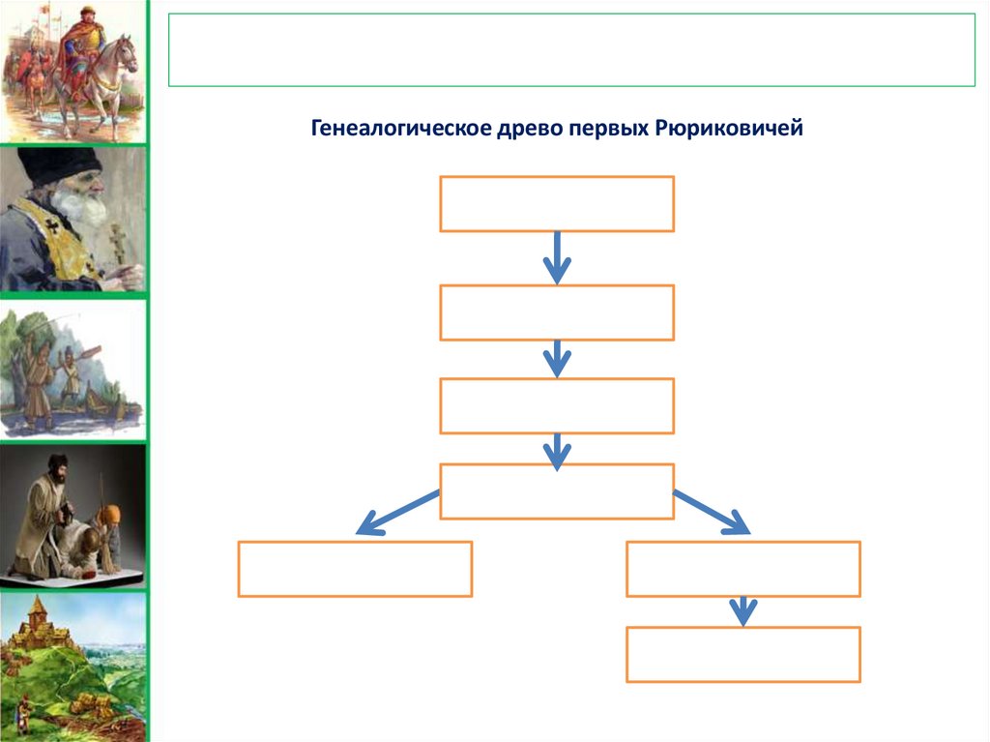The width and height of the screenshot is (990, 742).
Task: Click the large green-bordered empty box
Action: (x=571, y=50)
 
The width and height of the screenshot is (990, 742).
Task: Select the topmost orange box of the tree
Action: (x=556, y=203)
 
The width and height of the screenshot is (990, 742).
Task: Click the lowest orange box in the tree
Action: (x=742, y=655)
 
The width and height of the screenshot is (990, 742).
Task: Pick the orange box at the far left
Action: (x=355, y=569)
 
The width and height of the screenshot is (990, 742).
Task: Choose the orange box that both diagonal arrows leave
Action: (x=556, y=491)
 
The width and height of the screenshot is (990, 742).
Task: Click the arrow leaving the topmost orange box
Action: (x=556, y=257)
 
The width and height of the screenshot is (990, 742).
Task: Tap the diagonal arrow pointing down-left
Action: (x=396, y=512)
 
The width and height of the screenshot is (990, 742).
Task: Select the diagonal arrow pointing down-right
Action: (x=713, y=512)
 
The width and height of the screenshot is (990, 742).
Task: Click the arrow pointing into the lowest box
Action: (x=742, y=610)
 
